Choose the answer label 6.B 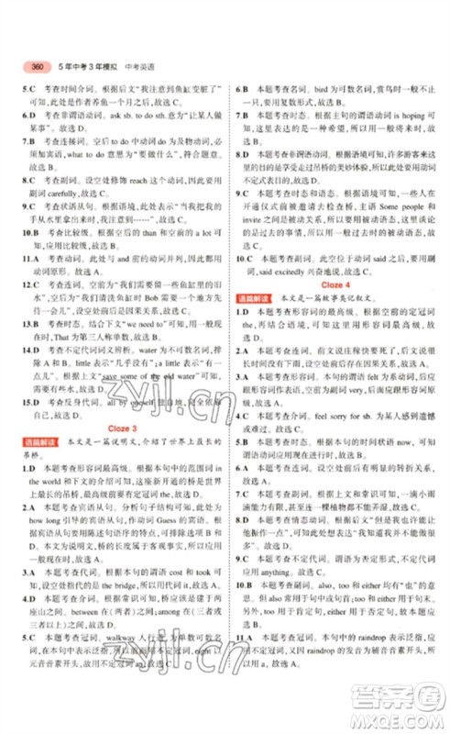(246, 89)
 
